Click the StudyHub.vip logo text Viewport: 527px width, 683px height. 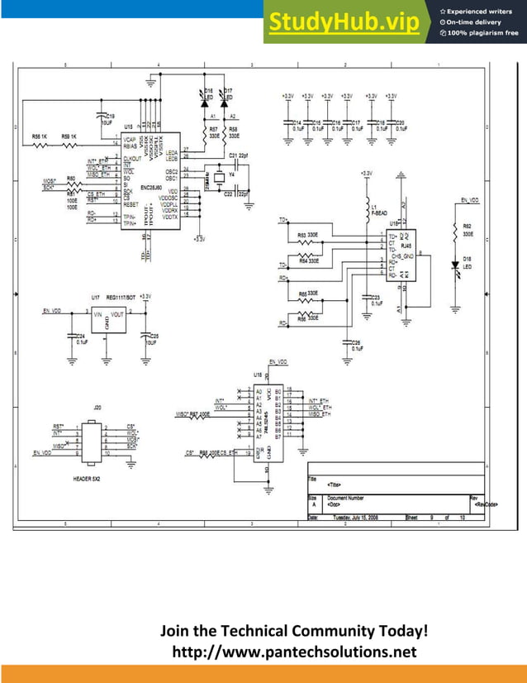(x=343, y=23)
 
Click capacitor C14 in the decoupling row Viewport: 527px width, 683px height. (x=290, y=126)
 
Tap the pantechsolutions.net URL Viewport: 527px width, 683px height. (x=294, y=653)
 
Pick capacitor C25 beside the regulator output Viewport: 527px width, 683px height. (x=145, y=335)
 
